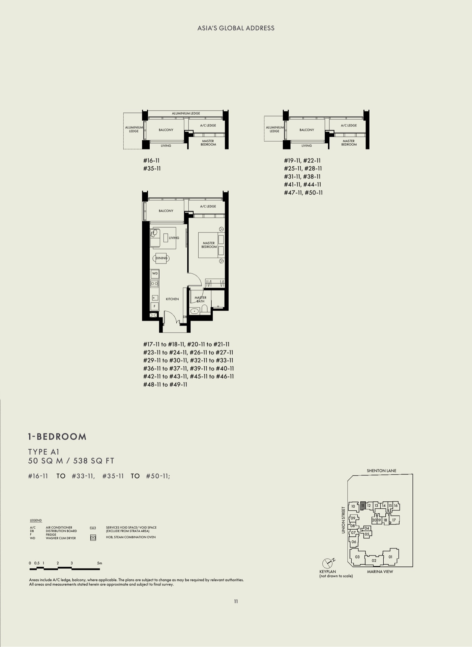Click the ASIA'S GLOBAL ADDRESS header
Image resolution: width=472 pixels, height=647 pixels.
coord(236,28)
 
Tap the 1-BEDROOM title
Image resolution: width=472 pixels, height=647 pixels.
coord(57,437)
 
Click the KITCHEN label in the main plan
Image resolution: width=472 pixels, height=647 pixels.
coord(172,299)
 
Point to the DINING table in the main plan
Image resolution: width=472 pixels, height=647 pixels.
coord(161,258)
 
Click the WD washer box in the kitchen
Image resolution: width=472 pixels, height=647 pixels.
coord(155,274)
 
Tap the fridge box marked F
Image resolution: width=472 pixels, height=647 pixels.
coord(155,306)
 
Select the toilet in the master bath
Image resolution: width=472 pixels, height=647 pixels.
coord(205,310)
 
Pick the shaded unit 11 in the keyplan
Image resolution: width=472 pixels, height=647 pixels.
coord(363,506)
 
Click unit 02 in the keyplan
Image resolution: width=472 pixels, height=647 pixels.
coord(374,561)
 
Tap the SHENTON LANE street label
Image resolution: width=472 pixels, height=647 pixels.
coord(382,471)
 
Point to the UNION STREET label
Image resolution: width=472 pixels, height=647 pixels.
coord(343,520)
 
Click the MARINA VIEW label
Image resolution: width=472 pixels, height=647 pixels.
coord(380,571)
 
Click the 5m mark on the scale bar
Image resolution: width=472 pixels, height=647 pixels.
coord(99,563)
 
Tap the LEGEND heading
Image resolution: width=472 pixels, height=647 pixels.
coord(36,521)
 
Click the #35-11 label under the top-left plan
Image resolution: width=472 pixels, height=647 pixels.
coord(152,169)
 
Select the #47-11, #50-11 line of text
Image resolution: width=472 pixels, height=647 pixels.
coord(303,193)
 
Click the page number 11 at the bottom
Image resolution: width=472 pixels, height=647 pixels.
coord(236,601)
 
